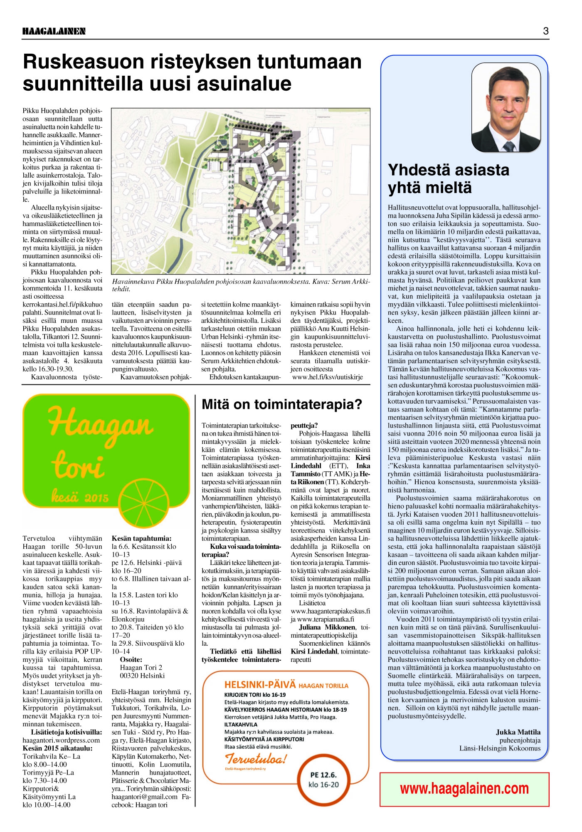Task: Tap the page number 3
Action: (545, 31)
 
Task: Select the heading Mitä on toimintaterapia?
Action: (281, 404)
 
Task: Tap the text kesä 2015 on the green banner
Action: (79, 497)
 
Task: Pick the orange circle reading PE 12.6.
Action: (323, 781)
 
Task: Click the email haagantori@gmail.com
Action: (144, 797)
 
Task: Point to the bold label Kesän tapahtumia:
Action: (141, 538)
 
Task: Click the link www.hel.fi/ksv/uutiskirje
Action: (328, 377)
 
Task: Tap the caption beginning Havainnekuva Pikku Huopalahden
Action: (241, 285)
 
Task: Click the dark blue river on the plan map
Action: (192, 200)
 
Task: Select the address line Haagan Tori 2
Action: (141, 667)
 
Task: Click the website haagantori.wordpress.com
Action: (61, 740)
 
